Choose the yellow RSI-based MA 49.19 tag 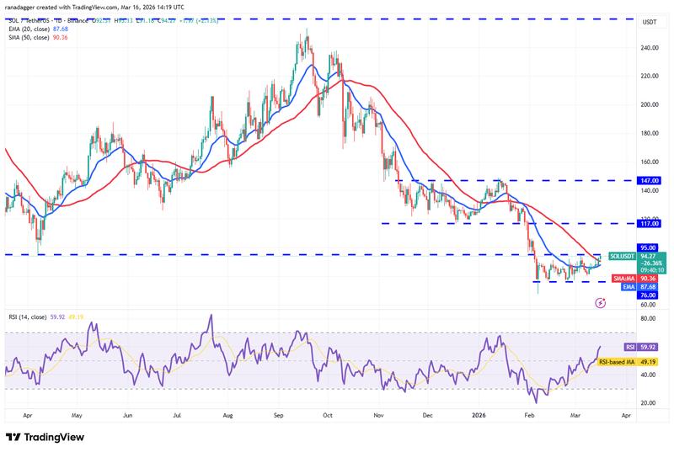tap(627, 362)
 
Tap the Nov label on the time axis tap(378, 415)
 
